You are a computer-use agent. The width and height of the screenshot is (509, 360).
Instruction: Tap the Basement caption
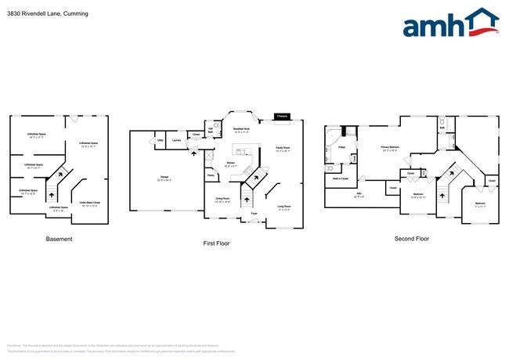pos(60,239)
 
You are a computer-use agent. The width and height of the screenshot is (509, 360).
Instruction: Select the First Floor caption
pos(216,243)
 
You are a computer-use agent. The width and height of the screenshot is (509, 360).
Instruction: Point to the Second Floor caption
pos(412,239)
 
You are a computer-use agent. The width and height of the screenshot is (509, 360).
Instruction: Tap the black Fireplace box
pos(283,117)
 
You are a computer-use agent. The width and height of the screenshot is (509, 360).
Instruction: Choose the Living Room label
pos(285,207)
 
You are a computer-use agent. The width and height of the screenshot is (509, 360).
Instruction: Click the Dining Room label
pos(222,200)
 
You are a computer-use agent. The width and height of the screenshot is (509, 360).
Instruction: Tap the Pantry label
pos(211,176)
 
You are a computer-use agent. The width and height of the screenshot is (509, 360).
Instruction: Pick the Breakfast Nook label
pos(242,130)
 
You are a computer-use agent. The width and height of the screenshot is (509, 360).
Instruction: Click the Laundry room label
pos(178,141)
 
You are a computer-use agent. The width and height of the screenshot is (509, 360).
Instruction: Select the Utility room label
pos(161,141)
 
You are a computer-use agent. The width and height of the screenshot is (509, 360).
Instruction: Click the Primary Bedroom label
pos(389,147)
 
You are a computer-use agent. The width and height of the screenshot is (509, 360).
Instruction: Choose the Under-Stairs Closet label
pos(88,205)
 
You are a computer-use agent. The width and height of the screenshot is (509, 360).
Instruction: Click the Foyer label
pos(254,213)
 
